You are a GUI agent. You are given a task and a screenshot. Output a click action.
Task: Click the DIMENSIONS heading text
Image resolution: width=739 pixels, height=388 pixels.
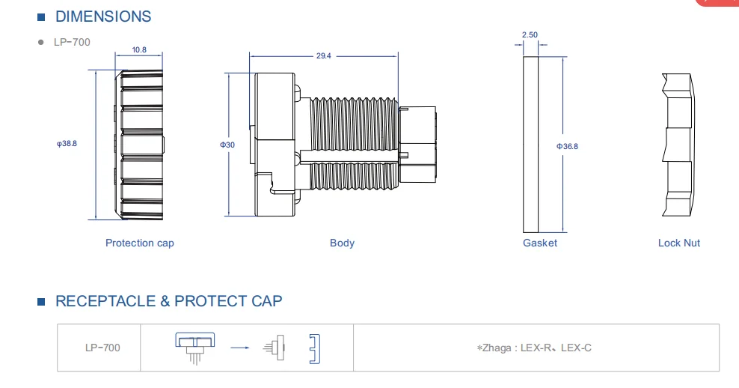tap(103, 16)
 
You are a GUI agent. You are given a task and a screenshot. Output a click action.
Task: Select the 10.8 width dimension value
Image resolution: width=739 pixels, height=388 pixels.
tap(139, 50)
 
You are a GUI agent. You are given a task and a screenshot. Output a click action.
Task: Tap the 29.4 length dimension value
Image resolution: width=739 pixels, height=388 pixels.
tap(323, 56)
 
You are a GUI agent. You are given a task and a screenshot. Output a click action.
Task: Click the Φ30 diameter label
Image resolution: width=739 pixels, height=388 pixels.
tap(227, 145)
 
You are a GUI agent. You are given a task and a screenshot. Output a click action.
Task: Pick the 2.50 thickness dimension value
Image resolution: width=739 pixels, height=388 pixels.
tap(530, 34)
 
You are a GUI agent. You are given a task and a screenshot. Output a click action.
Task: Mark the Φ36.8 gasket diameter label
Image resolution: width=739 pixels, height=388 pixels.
tap(567, 146)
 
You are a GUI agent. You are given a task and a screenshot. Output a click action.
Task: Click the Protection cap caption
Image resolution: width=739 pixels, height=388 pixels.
tap(140, 243)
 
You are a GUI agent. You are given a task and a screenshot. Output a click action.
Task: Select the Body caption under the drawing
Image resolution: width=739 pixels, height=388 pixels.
tap(342, 243)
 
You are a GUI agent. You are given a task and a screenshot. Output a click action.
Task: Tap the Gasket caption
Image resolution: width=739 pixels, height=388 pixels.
tap(540, 243)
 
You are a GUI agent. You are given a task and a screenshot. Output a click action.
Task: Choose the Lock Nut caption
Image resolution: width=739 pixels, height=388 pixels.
tap(679, 243)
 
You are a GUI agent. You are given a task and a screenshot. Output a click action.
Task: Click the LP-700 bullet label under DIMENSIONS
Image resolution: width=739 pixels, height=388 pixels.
tap(72, 42)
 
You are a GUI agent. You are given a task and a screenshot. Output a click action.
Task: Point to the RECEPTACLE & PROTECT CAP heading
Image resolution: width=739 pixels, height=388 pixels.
tap(169, 301)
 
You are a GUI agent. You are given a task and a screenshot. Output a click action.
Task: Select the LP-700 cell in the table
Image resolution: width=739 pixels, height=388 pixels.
tap(102, 348)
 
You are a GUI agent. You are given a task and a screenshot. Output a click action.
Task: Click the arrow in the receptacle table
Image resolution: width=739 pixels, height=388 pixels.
tap(240, 348)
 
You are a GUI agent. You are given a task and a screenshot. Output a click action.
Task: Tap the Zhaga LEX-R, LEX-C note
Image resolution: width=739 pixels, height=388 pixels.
tap(535, 348)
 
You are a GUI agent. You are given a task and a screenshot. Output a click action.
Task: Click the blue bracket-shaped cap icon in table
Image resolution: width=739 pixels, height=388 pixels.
tap(316, 348)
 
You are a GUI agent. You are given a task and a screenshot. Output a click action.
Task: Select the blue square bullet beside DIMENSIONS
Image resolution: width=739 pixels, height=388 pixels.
tap(42, 17)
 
